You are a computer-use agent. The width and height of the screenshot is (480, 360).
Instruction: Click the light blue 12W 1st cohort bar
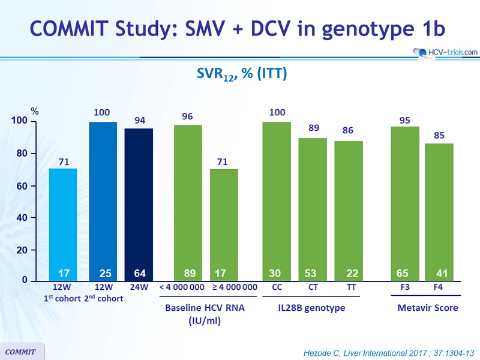[63, 222]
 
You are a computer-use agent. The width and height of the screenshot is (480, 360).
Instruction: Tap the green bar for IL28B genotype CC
[277, 198]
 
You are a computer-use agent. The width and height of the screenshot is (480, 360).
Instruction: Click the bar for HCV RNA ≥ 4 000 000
[224, 222]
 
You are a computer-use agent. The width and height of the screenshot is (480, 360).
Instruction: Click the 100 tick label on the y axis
[19, 121]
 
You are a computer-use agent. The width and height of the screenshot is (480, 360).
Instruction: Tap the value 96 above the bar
[187, 116]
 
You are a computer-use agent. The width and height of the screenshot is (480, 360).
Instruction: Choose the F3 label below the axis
[404, 287]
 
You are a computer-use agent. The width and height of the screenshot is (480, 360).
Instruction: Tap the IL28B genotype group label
[312, 308]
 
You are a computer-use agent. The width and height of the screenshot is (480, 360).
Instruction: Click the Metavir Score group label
[427, 308]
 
